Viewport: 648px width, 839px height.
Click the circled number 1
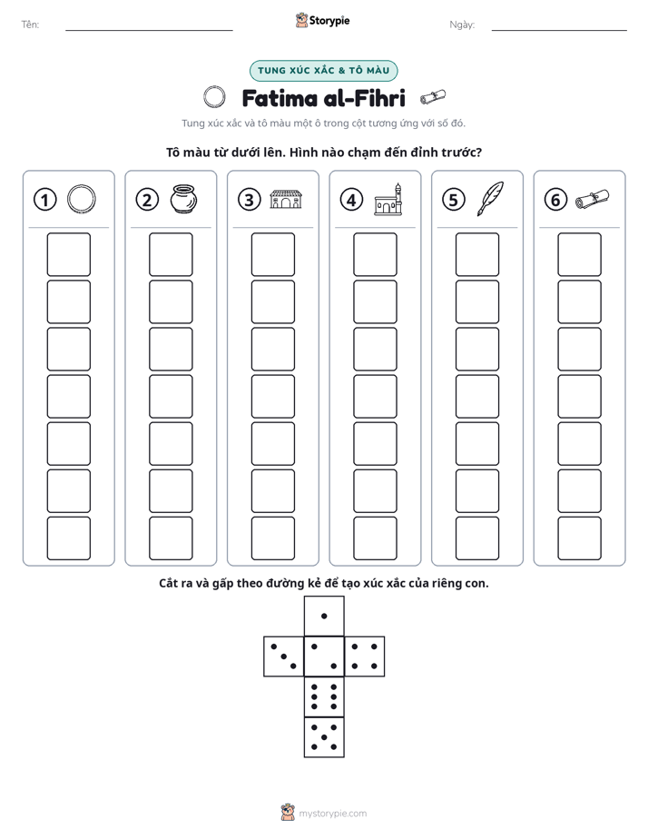coord(44,200)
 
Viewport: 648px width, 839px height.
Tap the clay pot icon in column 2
coord(183,199)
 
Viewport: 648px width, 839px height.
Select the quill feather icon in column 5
coord(490,199)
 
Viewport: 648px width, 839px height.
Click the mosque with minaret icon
coord(388,199)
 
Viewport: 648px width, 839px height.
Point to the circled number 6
coord(555,200)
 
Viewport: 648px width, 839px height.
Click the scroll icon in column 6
coord(592,199)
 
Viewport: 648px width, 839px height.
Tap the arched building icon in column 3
coord(286,199)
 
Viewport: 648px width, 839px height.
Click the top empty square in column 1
coord(68,254)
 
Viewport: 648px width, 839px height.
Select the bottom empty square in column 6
coord(579,538)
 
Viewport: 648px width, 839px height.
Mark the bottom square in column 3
coord(272,538)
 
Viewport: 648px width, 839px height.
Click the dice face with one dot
coord(324,616)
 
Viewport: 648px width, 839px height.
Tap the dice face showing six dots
coord(324,696)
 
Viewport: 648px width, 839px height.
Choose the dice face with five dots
coord(324,736)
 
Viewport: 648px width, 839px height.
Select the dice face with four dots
coord(365,656)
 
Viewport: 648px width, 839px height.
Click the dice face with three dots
coord(284,656)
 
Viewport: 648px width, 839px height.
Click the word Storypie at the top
coord(329,21)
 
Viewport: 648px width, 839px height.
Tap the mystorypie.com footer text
coord(332,814)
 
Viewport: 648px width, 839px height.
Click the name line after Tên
coord(149,31)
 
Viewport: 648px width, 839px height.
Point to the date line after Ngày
coord(559,31)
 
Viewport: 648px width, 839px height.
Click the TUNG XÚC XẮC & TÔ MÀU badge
coord(323,71)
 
